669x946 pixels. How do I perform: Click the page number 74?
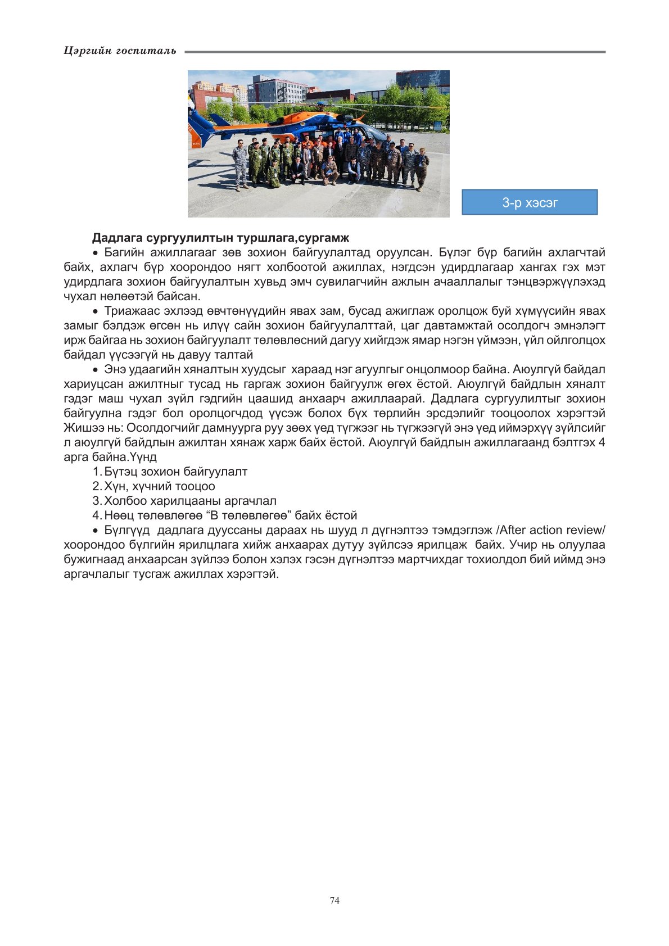pos(334,900)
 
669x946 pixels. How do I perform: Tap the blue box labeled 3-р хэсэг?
pos(530,202)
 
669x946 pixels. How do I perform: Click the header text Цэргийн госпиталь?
pos(120,51)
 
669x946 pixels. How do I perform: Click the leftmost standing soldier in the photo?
pos(240,164)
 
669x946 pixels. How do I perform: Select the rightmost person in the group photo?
pos(422,169)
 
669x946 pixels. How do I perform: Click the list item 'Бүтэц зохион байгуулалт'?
pos(175,472)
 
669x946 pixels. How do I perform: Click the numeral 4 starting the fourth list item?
pos(96,515)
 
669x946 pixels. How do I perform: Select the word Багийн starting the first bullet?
pos(124,252)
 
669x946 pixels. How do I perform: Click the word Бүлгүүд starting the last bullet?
pos(127,530)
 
